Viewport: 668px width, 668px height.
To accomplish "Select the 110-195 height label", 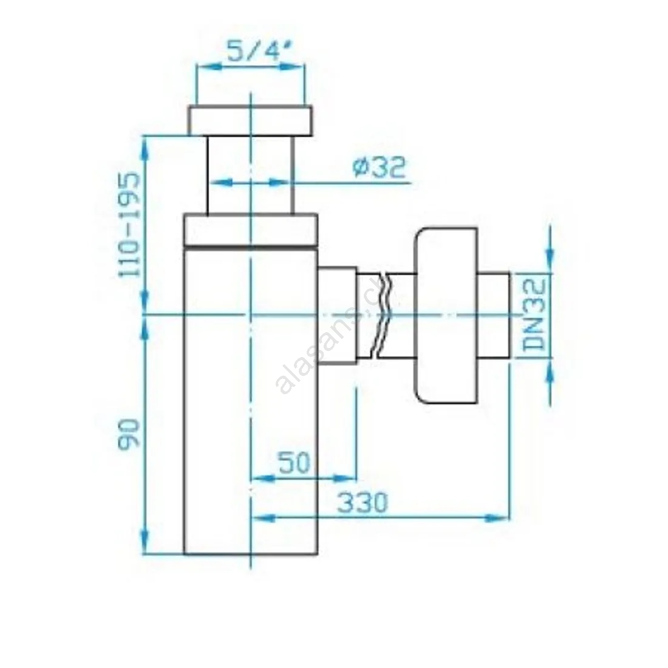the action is tap(129, 225).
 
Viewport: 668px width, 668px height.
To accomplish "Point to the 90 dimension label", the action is tap(129, 434).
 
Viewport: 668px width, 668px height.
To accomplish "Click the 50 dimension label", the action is tap(295, 463).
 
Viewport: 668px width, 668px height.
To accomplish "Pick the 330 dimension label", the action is tap(363, 503).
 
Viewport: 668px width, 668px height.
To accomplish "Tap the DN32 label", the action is tap(534, 315).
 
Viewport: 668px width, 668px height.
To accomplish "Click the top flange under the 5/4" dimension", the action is tap(251, 121).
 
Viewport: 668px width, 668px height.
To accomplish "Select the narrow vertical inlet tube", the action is tap(250, 175).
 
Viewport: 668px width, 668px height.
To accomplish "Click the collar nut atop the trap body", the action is tap(251, 230).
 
